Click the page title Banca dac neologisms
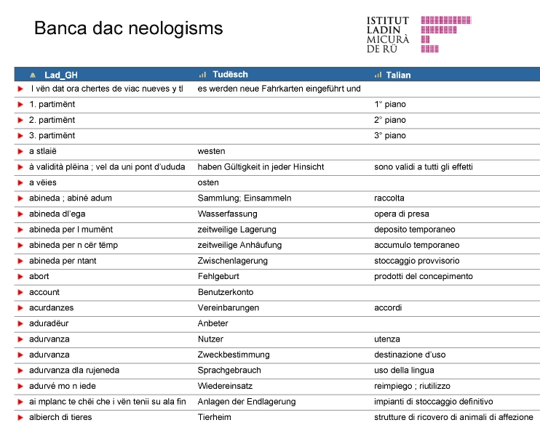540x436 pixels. pyautogui.click(x=128, y=29)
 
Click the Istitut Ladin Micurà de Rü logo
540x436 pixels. pyautogui.click(x=418, y=34)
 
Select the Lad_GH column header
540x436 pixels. pyautogui.click(x=60, y=75)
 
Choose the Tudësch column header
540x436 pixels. pyautogui.click(x=230, y=75)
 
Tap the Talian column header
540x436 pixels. pyautogui.click(x=398, y=75)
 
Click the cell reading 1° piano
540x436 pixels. pyautogui.click(x=390, y=105)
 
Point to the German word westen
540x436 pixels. pyautogui.click(x=212, y=151)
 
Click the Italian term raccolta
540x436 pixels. pyautogui.click(x=389, y=198)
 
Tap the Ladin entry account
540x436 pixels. pyautogui.click(x=44, y=293)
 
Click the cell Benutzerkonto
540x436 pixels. pyautogui.click(x=226, y=293)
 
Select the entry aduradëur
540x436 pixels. pyautogui.click(x=49, y=323)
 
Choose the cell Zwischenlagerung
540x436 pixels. pyautogui.click(x=233, y=261)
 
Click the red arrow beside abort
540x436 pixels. pyautogui.click(x=21, y=277)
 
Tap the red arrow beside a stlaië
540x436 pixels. pyautogui.click(x=21, y=151)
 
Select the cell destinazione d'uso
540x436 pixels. pyautogui.click(x=410, y=355)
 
